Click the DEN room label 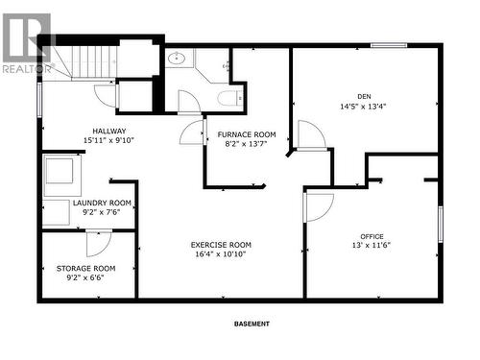click(364, 96)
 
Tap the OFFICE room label click(372, 236)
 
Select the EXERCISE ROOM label click(221, 245)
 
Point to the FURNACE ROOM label click(247, 134)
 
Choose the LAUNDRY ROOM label click(102, 203)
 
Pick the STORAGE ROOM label click(85, 269)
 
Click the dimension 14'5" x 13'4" click(363, 107)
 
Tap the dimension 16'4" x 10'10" click(221, 254)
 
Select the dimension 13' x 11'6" click(372, 246)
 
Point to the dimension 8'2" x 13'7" click(246, 144)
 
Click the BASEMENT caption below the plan click(252, 324)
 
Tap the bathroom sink click(177, 59)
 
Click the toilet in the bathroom click(229, 98)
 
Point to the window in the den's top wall click(389, 45)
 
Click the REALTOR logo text click(27, 69)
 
